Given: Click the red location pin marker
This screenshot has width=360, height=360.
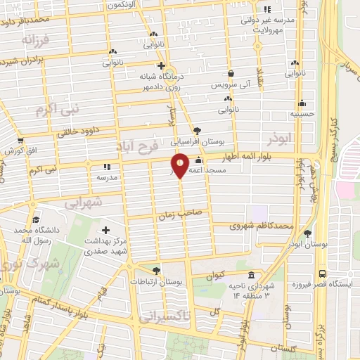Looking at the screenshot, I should coord(181,165).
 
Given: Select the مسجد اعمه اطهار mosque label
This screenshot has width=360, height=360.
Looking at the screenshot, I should coord(214,169).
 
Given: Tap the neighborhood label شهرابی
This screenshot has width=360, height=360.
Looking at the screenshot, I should coord(83,202).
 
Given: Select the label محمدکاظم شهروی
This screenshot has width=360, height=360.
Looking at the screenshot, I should coord(262,226).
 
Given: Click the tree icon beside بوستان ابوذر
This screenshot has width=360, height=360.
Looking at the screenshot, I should coord(307,233).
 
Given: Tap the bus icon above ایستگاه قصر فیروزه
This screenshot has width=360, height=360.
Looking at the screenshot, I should coord(322,273).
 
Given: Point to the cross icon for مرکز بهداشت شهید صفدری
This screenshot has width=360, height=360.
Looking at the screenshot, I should coord(105,230).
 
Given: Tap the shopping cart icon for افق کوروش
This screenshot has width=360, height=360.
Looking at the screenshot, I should coord(20,141).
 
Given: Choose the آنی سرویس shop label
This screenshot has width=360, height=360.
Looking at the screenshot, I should coord(231,84).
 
